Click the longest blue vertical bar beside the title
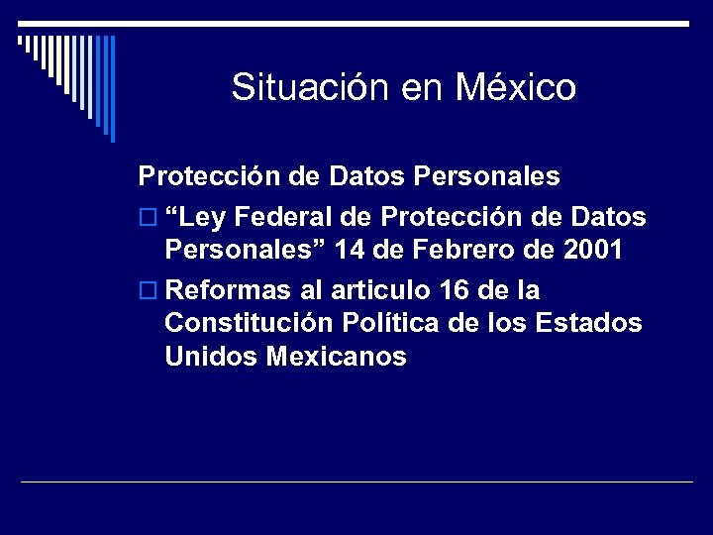(x=112, y=89)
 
